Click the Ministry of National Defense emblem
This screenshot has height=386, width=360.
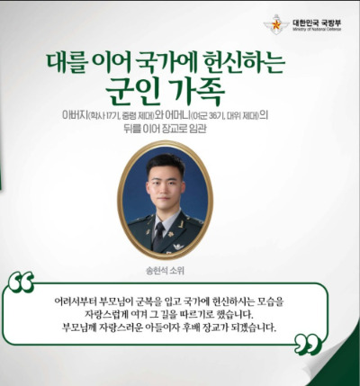(x=275, y=24)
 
